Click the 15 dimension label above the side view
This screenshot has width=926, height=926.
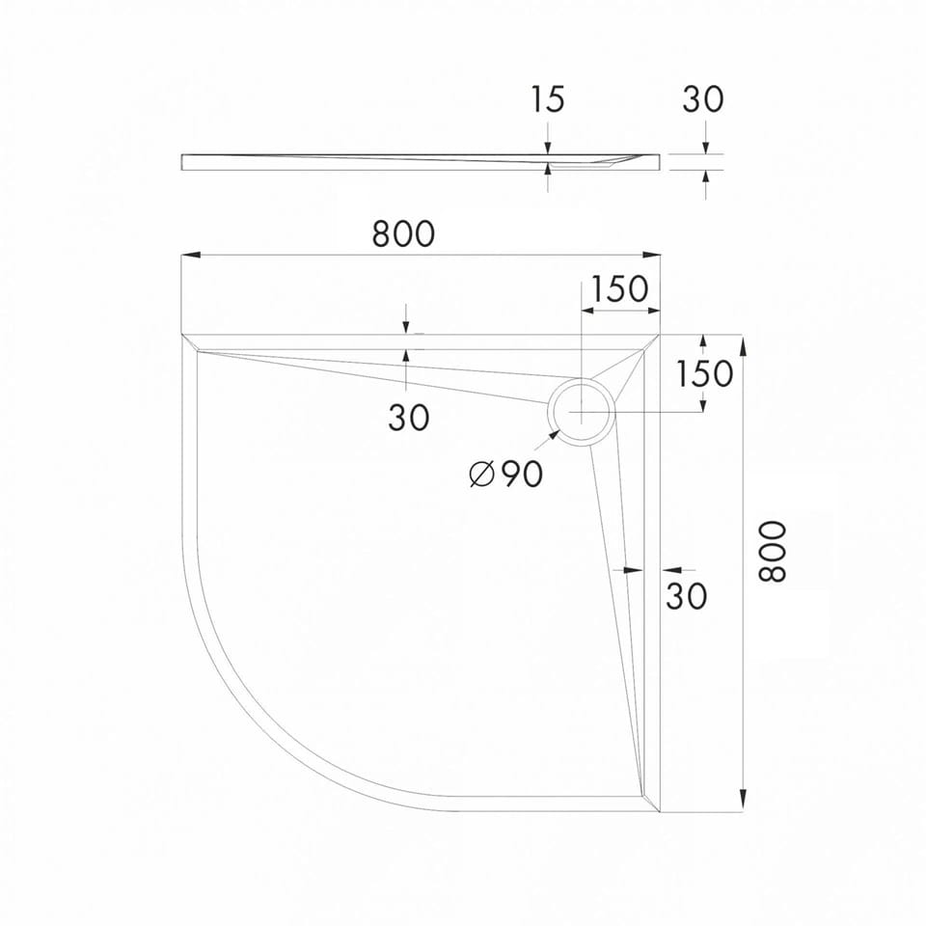point(548,99)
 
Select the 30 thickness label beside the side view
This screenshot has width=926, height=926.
point(703,99)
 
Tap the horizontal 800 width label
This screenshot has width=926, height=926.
point(403,233)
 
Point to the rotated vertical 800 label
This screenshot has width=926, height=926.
point(772,552)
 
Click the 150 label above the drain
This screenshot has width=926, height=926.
point(619,288)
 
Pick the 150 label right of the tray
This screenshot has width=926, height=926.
point(704,373)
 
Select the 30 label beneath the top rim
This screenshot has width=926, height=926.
point(409,418)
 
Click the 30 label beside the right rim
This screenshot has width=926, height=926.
point(687,596)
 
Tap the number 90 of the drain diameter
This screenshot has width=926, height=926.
point(522,474)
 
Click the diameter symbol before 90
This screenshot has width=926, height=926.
point(481,474)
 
